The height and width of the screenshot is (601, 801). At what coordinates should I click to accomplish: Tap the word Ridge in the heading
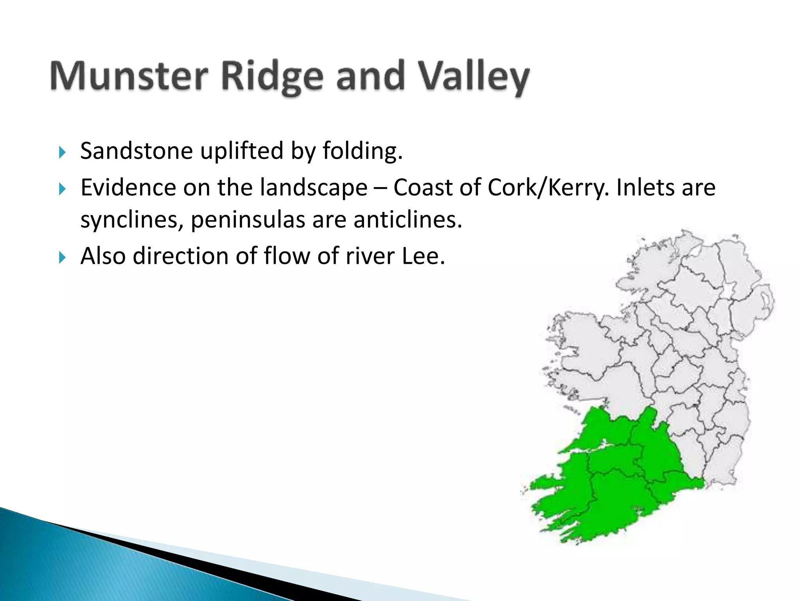(x=272, y=76)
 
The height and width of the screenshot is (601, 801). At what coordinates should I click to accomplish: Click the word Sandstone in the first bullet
(x=136, y=151)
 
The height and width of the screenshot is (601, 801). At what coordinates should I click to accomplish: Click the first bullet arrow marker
(x=62, y=152)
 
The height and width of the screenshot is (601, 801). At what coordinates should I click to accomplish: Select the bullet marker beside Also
(x=62, y=257)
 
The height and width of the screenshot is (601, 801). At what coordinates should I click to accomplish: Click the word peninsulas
(x=248, y=220)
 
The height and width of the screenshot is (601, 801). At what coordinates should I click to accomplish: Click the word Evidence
(x=128, y=188)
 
